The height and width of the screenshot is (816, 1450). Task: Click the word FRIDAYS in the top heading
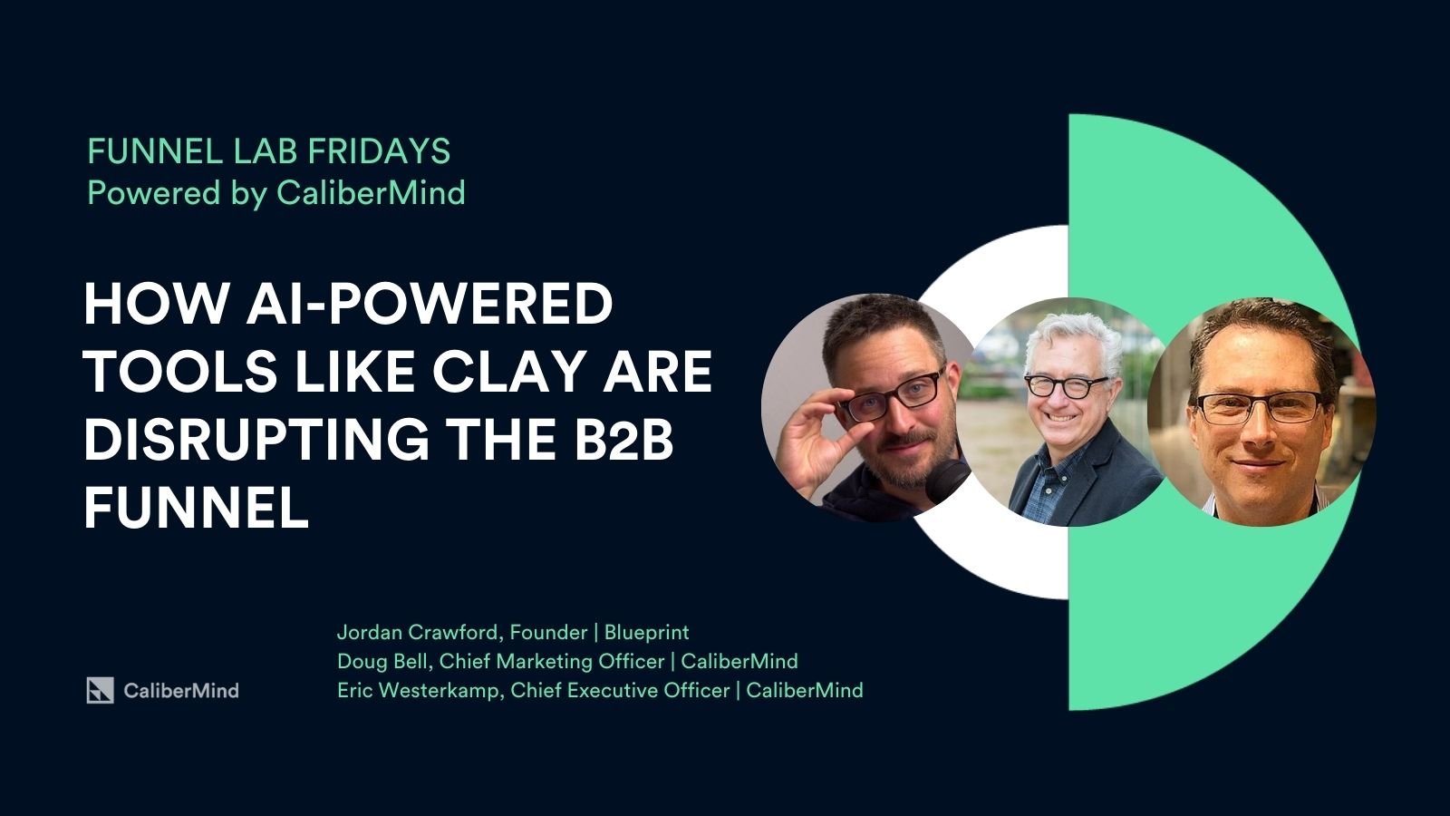[x=379, y=151]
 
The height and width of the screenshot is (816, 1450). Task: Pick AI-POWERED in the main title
[x=430, y=304]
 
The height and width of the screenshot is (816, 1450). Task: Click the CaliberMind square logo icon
[x=101, y=690]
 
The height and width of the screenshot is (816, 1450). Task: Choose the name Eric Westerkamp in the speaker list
[x=418, y=690]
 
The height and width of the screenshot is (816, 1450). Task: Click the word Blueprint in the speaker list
[x=646, y=633]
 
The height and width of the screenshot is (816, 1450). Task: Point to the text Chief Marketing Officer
[x=552, y=661]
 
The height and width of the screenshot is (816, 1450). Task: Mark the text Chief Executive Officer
[x=620, y=690]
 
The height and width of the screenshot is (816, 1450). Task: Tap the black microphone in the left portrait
[x=946, y=481]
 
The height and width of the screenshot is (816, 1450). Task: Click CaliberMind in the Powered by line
[x=371, y=193]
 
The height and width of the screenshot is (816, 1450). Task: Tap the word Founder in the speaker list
[x=548, y=633]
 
